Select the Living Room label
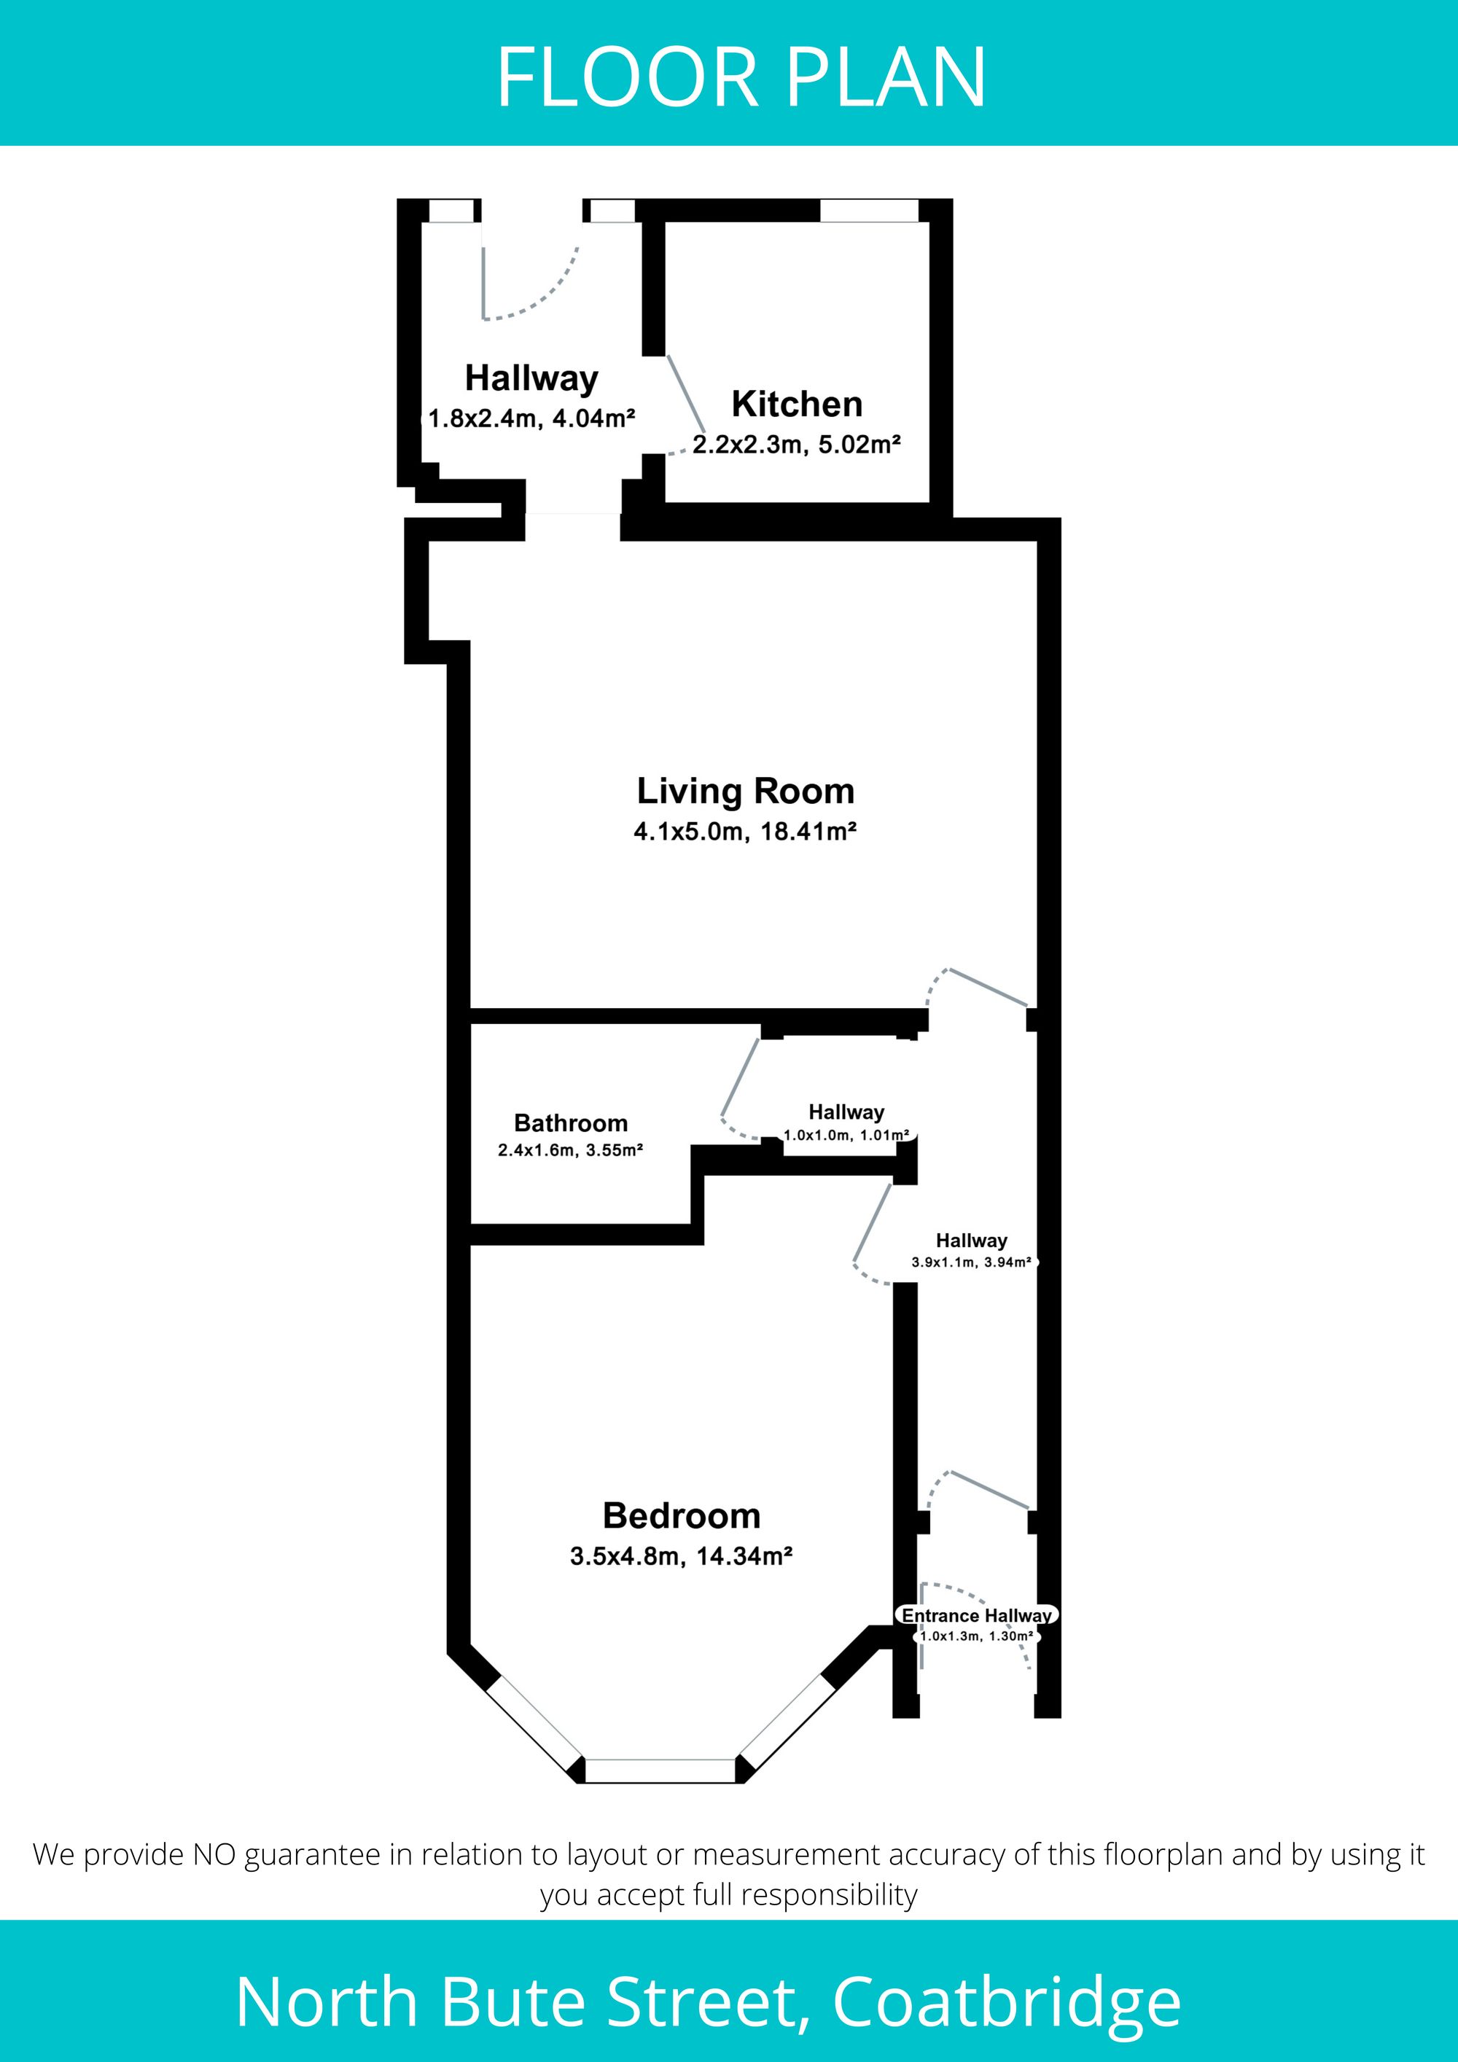pos(746,792)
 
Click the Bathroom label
pos(571,1122)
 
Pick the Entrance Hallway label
pos(976,1616)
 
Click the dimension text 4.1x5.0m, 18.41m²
pos(745,832)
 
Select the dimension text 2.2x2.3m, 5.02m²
pos(796,445)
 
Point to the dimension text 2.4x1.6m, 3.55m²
pos(571,1149)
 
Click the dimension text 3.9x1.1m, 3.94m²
pos(971,1262)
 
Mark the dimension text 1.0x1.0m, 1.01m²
pos(846,1135)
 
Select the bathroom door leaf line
pos(740,1078)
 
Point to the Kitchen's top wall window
pos(869,210)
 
